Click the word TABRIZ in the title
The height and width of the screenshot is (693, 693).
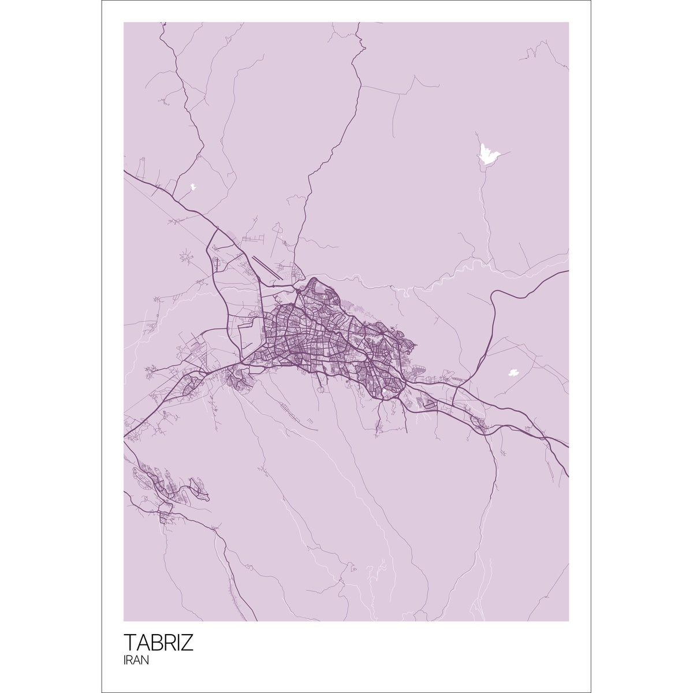pyautogui.click(x=159, y=643)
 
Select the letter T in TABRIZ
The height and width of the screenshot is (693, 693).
pyautogui.click(x=130, y=643)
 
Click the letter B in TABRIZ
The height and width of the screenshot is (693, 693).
pyautogui.click(x=155, y=643)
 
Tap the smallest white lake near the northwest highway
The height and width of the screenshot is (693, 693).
pyautogui.click(x=193, y=187)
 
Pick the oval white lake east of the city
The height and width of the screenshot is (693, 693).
pyautogui.click(x=512, y=372)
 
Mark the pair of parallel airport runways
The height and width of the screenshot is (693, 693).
pyautogui.click(x=267, y=269)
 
